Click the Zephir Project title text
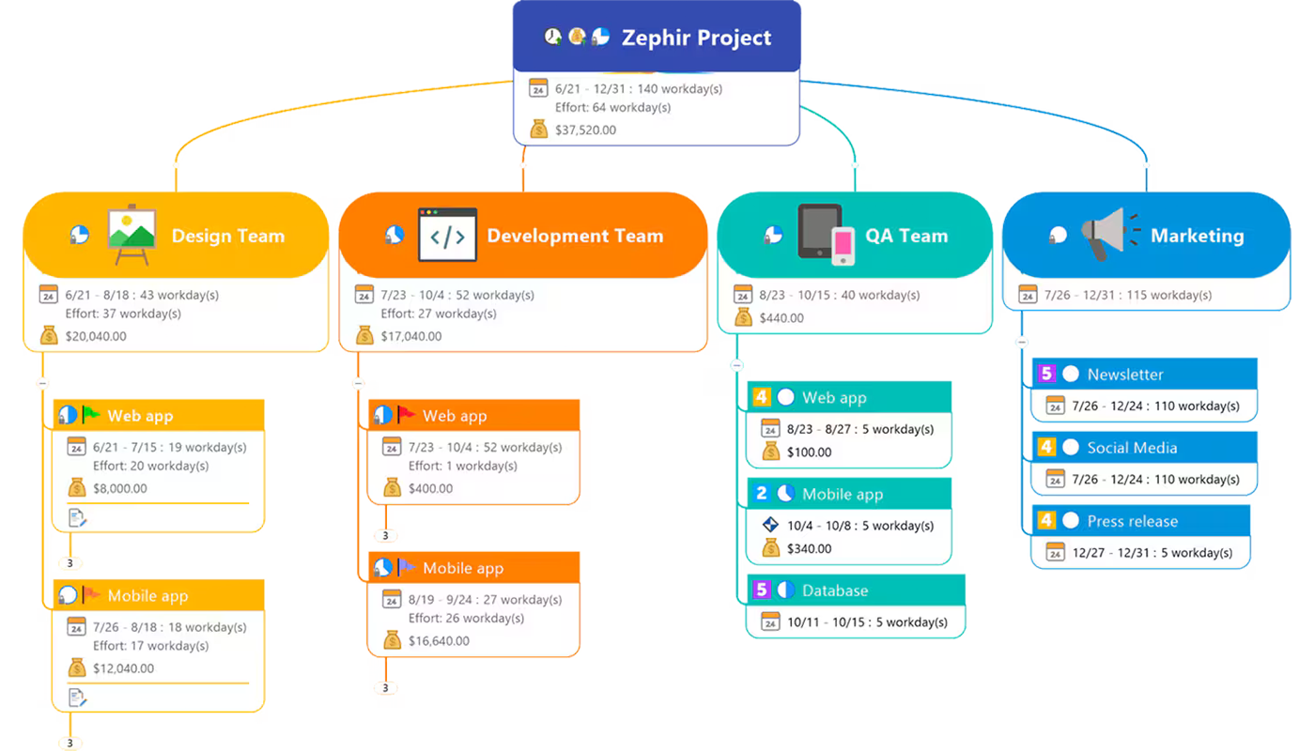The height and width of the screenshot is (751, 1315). click(696, 38)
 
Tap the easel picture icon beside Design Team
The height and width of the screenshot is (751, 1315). click(131, 236)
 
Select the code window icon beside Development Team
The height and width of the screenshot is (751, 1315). click(447, 236)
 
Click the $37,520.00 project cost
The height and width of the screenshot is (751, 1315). click(585, 130)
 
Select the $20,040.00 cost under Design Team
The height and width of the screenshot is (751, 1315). click(96, 336)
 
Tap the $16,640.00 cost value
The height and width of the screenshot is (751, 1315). click(439, 641)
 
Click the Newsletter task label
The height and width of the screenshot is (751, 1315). click(1125, 375)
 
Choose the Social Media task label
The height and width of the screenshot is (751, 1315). click(1132, 448)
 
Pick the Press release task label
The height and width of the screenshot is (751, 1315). click(1132, 521)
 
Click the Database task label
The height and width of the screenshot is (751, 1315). click(834, 590)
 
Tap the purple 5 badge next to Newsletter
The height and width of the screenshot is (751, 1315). click(1046, 374)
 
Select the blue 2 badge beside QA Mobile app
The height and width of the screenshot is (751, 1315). click(762, 494)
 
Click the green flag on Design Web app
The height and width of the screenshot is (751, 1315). click(91, 414)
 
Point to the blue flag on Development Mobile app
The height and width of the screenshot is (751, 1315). click(406, 567)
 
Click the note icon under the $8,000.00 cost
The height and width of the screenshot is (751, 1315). click(78, 517)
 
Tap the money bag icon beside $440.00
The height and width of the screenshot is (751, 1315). click(743, 317)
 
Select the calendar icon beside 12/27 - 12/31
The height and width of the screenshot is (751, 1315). click(1055, 553)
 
